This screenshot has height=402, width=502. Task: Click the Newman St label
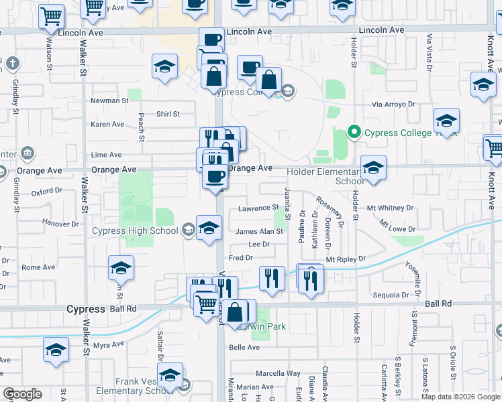click(x=109, y=101)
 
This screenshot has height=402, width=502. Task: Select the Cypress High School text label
click(x=135, y=231)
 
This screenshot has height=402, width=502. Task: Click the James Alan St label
click(x=259, y=231)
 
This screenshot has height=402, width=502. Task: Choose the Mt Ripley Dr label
click(x=346, y=259)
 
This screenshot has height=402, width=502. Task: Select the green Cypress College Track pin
click(x=355, y=133)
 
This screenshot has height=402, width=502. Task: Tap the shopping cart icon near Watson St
click(x=51, y=17)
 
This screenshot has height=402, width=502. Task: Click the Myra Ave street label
click(x=109, y=345)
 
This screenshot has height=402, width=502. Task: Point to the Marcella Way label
click(x=278, y=373)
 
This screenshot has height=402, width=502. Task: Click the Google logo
click(x=22, y=394)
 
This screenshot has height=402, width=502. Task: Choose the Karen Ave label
click(x=108, y=124)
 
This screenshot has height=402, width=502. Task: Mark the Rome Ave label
click(x=33, y=267)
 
